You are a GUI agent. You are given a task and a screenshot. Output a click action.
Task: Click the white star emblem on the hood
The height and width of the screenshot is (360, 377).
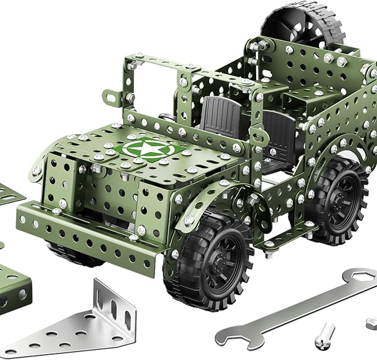(135, 148)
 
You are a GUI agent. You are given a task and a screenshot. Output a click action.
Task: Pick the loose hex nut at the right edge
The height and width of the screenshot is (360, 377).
(371, 323)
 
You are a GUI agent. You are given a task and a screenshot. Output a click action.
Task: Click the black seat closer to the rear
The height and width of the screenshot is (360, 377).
(278, 133)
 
